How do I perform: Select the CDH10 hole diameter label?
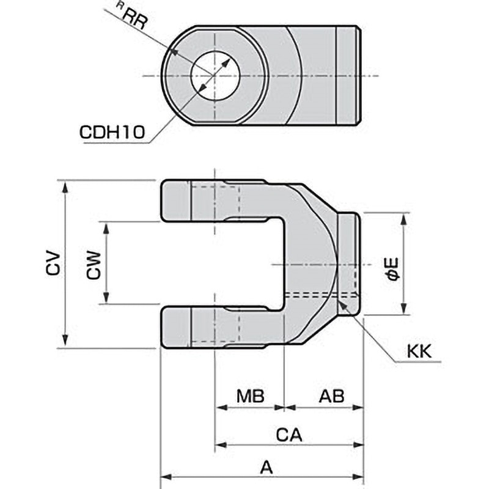click(x=113, y=133)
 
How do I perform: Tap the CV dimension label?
click(x=53, y=264)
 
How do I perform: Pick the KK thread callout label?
click(x=419, y=351)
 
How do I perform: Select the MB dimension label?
click(x=250, y=397)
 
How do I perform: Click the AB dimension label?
click(x=331, y=397)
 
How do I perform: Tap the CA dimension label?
click(x=289, y=435)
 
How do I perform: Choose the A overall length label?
click(x=265, y=468)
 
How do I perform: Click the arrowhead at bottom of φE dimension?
click(x=403, y=311)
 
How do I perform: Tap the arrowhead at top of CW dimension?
click(x=106, y=226)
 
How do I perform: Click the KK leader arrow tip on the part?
click(x=340, y=300)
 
